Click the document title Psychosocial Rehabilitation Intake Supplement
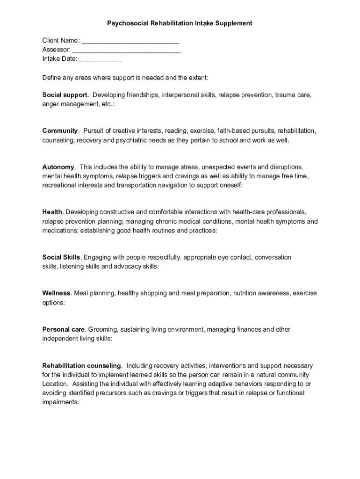pyautogui.click(x=180, y=23)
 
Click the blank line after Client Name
pyautogui.click(x=130, y=41)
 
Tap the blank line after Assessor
pyautogui.click(x=127, y=50)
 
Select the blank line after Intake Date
pyautogui.click(x=101, y=59)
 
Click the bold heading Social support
pyautogui.click(x=65, y=95)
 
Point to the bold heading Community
pyautogui.click(x=60, y=131)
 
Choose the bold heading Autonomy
pyautogui.click(x=58, y=167)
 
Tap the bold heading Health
pyautogui.click(x=52, y=212)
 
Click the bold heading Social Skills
pyautogui.click(x=61, y=257)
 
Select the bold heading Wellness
pyautogui.click(x=57, y=293)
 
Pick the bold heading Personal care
pyautogui.click(x=64, y=329)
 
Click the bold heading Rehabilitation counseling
pyautogui.click(x=82, y=365)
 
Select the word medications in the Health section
pyautogui.click(x=60, y=231)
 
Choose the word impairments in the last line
pyautogui.click(x=60, y=401)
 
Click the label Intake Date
pyautogui.click(x=59, y=59)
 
